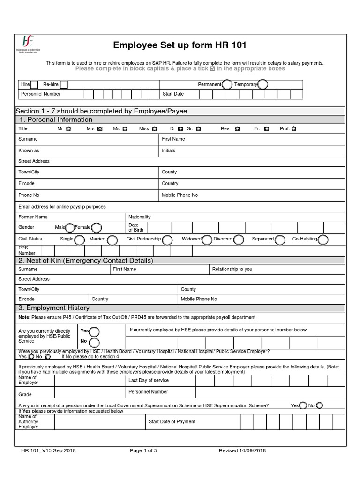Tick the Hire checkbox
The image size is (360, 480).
click(34, 84)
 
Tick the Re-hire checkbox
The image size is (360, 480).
click(64, 84)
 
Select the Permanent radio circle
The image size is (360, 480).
click(227, 84)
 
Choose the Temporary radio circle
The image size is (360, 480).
click(263, 84)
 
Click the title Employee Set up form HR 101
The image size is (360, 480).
click(180, 45)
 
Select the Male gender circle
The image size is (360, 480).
click(70, 228)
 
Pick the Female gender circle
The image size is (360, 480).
click(97, 228)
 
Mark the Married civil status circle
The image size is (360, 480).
click(112, 240)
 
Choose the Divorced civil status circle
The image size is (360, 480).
click(239, 240)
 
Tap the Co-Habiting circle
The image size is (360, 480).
click(323, 240)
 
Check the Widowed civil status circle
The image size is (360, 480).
click(207, 240)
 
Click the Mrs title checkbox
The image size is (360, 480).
click(100, 128)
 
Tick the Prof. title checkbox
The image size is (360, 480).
click(294, 128)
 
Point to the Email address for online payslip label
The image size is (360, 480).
click(62, 207)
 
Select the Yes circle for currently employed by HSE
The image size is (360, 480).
click(94, 331)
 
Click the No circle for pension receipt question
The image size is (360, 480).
click(320, 405)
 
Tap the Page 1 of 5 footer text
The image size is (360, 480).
click(143, 451)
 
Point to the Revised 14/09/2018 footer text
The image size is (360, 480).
click(242, 451)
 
